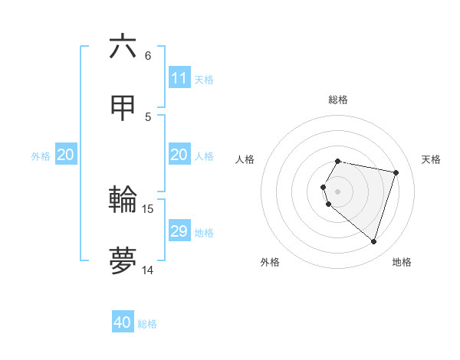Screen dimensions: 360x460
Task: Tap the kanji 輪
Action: coord(123,200)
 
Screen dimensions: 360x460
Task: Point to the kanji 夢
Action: coord(123,260)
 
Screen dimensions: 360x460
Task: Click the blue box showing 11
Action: coord(179,78)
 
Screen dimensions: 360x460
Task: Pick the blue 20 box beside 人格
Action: coord(179,155)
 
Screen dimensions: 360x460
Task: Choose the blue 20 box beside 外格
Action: coord(66,155)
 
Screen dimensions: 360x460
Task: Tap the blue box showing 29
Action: coord(179,231)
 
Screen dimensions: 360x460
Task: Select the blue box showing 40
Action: coord(123,322)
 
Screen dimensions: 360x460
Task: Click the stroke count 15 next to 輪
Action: coord(148,209)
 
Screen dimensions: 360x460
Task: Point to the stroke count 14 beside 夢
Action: coord(148,270)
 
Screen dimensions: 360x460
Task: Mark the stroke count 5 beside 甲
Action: coord(148,116)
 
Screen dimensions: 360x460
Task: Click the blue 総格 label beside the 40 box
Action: coord(147,324)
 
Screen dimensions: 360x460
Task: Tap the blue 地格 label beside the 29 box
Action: coord(204,233)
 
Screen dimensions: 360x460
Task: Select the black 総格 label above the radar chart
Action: coord(338,100)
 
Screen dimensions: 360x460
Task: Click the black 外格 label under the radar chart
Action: coord(270,263)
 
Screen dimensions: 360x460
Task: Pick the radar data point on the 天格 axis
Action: coord(396,172)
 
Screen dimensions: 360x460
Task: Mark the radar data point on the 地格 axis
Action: coord(373,242)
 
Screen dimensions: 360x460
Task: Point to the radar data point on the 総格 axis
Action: coord(338,161)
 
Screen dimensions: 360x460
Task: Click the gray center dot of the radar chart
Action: coord(338,191)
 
